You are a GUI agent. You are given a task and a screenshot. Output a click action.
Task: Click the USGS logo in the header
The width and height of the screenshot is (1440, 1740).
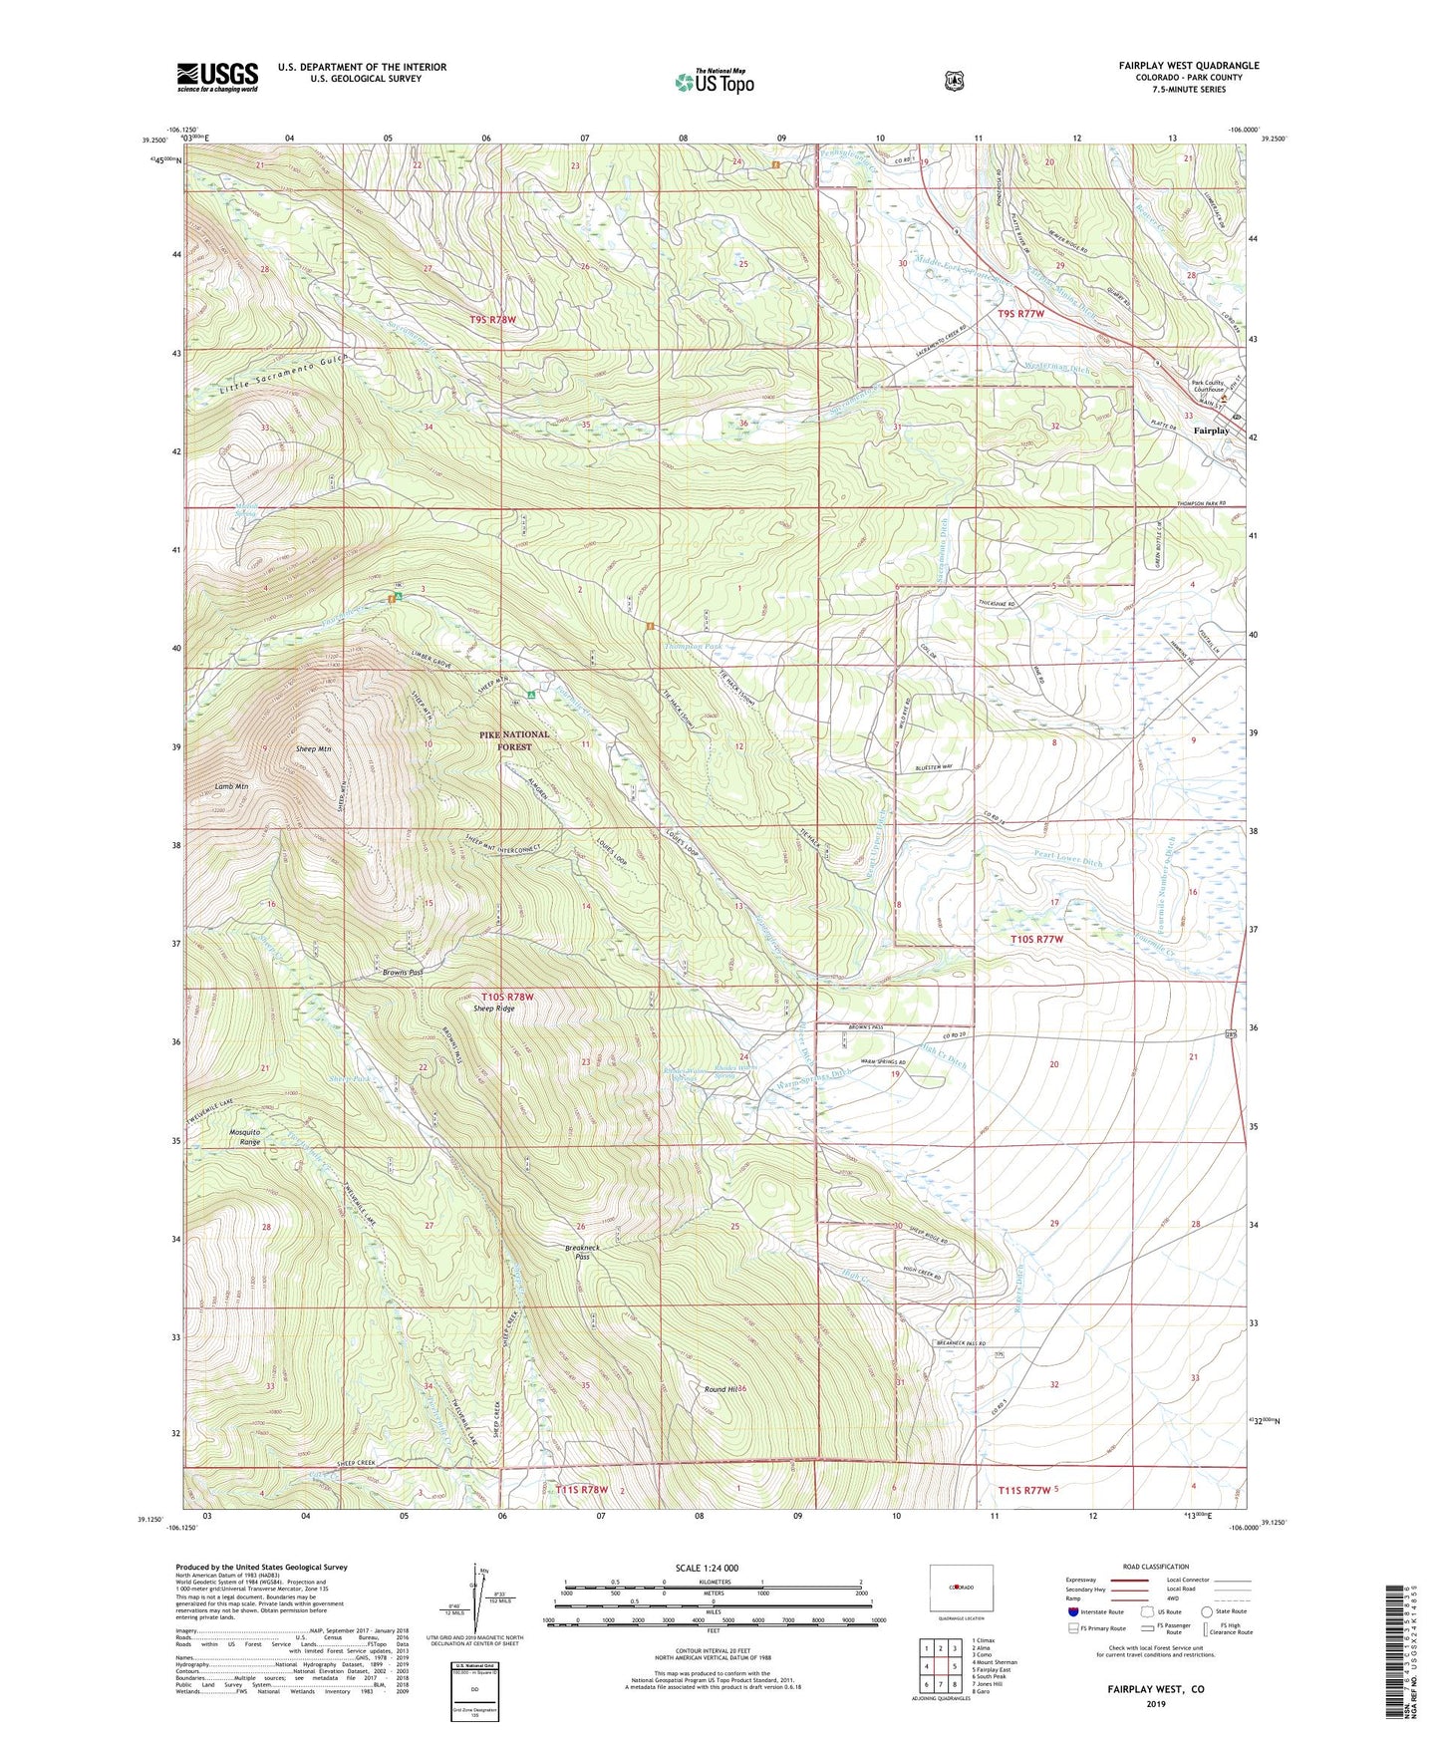click(217, 76)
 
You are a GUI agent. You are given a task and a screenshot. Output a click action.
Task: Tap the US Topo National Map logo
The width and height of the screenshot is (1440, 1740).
click(714, 81)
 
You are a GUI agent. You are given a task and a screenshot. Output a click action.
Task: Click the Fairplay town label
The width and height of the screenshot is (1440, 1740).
click(1211, 431)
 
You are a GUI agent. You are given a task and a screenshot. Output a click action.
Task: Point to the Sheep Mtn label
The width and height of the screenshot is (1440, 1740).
click(313, 748)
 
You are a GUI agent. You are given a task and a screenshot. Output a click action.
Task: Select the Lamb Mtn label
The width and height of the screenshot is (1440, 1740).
click(231, 786)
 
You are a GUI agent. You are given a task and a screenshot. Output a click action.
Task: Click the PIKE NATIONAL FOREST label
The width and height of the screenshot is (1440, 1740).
click(514, 740)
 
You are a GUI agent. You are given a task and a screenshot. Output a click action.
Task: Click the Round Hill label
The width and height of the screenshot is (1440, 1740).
click(721, 1388)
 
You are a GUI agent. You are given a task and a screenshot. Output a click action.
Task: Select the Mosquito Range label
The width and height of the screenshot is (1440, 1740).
click(245, 1137)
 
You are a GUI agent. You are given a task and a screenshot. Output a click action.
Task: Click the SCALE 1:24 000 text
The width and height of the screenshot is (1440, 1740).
click(707, 1568)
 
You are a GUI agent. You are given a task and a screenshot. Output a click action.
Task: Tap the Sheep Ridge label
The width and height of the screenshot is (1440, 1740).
click(494, 1009)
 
